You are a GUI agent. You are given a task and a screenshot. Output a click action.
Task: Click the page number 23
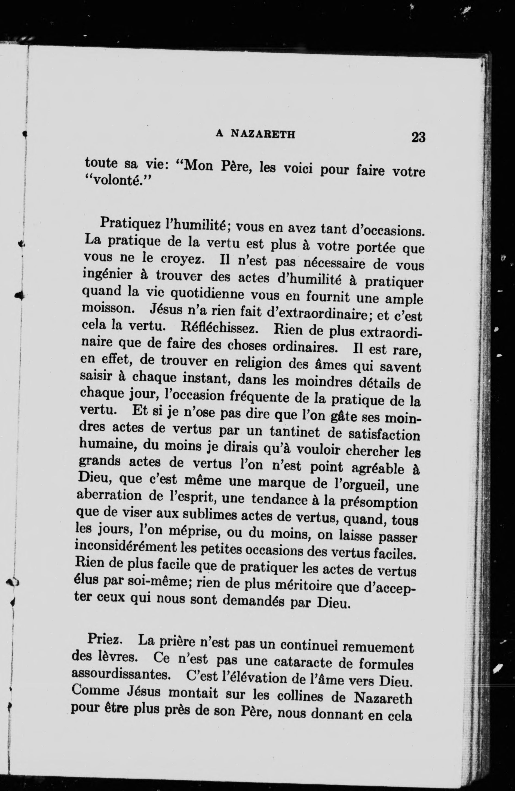pos(418,137)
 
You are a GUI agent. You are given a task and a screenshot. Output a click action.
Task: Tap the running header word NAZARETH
pos(263,134)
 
